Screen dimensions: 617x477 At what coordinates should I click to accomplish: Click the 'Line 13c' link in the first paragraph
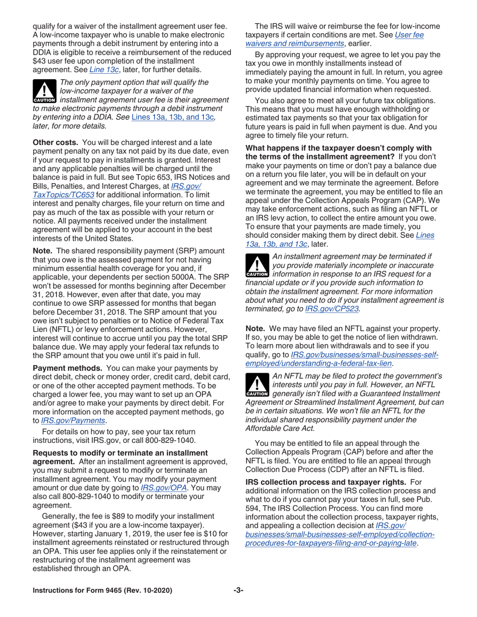[103, 69]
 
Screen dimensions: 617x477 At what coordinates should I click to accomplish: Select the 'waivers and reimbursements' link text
[294, 44]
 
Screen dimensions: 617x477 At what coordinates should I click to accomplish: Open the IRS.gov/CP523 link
[332, 309]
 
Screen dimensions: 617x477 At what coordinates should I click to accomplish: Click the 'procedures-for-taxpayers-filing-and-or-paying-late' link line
[331, 543]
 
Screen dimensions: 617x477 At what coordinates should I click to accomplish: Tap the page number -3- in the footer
[238, 590]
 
